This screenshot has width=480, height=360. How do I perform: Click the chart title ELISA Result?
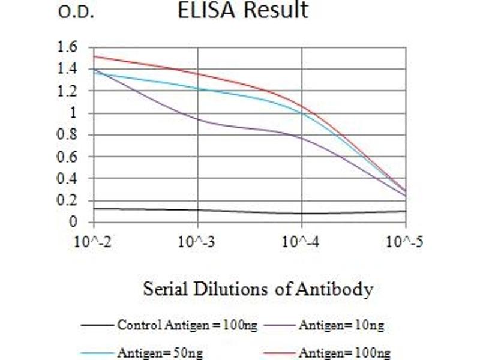tap(242, 10)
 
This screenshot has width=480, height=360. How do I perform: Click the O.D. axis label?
tap(76, 13)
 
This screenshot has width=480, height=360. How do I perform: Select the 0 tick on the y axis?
tap(73, 222)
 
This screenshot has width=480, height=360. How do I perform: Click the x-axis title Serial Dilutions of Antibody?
tap(258, 290)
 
